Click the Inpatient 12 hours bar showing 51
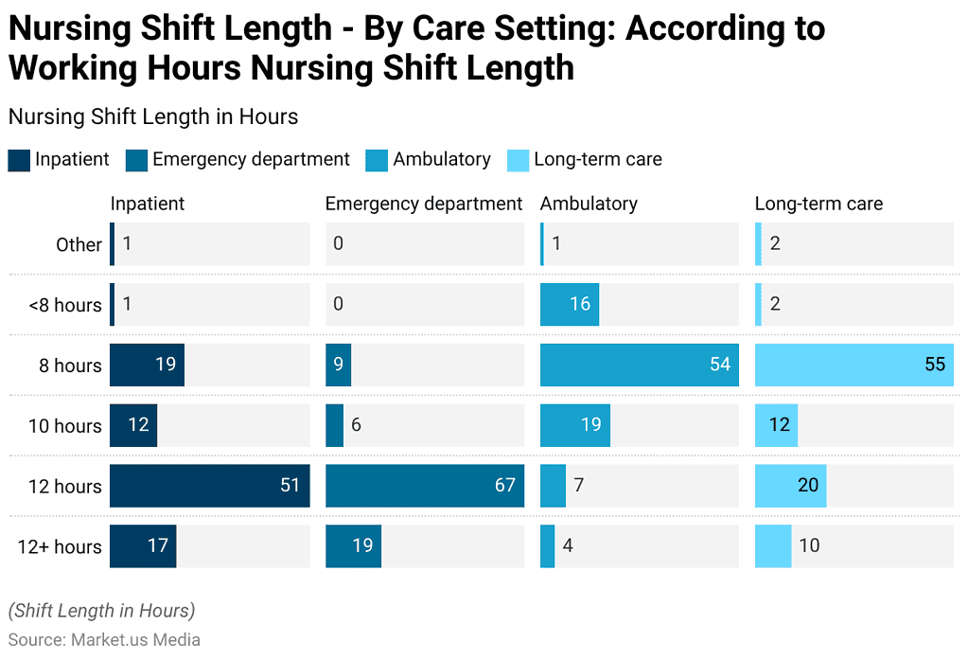pos(209,486)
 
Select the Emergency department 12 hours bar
pos(424,486)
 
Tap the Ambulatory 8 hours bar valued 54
pos(639,365)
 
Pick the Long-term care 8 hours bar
pos(854,365)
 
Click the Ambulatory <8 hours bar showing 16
pos(570,304)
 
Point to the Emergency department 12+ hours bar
pos(353,546)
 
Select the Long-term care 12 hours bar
pos(790,486)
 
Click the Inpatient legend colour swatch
pos(19,160)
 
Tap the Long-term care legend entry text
pos(597,160)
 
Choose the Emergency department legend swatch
pos(136,160)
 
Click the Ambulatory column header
pos(589,204)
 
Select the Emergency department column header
pos(423,204)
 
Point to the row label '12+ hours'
pos(60,546)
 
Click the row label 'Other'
pos(79,244)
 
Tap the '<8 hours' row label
pos(64,305)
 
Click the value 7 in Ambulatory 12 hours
pos(579,486)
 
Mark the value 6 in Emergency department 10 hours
pos(356,425)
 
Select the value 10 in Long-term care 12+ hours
pos(809,546)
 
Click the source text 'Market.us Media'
pos(135,640)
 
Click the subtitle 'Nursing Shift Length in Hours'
pos(153,116)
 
